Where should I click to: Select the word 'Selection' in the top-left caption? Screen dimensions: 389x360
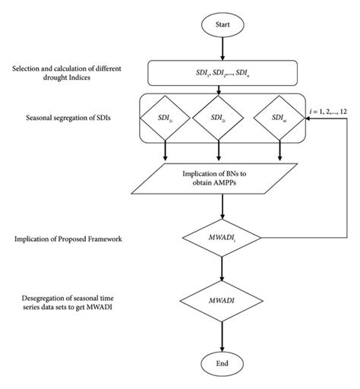pyautogui.click(x=30, y=70)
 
